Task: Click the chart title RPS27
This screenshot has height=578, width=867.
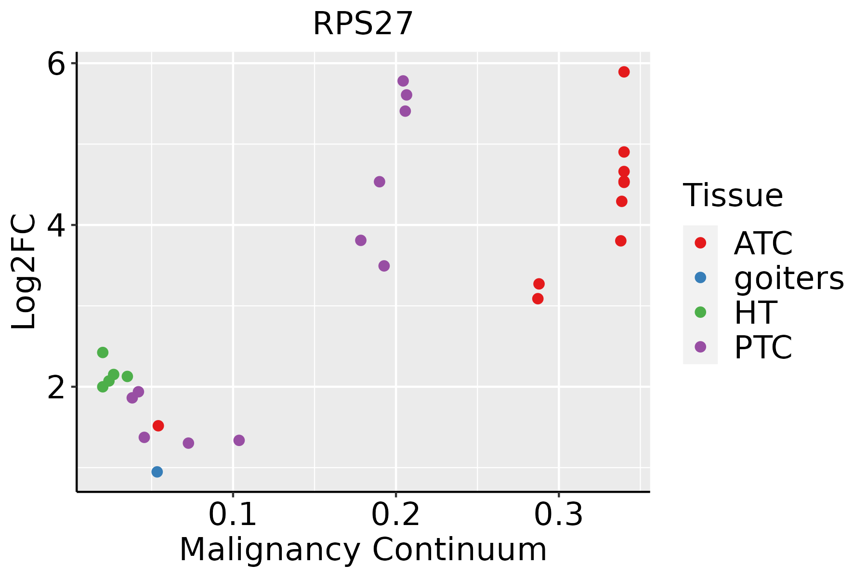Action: (x=363, y=24)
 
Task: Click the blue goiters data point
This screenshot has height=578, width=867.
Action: (x=157, y=472)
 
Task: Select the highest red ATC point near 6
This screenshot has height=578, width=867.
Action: (x=624, y=72)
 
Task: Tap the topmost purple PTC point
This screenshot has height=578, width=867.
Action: (x=403, y=81)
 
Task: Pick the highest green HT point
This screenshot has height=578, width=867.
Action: (x=103, y=353)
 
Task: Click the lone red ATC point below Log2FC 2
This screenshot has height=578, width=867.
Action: (x=158, y=425)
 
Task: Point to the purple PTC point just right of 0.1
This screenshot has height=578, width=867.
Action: (x=239, y=440)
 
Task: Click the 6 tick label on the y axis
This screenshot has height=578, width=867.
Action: (x=56, y=65)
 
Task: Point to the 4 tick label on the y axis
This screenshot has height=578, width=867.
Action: (x=56, y=226)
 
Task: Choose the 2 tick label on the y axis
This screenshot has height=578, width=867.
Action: (x=56, y=388)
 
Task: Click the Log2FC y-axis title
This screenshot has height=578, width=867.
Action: (x=24, y=272)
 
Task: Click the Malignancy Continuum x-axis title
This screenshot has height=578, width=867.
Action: (x=363, y=550)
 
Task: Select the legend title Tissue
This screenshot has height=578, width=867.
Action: (x=733, y=196)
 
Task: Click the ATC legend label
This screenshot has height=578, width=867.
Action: (x=763, y=243)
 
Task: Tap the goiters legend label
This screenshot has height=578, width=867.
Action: (x=788, y=278)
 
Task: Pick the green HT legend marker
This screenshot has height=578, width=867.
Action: (x=700, y=312)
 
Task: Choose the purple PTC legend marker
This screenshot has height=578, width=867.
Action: (x=700, y=347)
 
